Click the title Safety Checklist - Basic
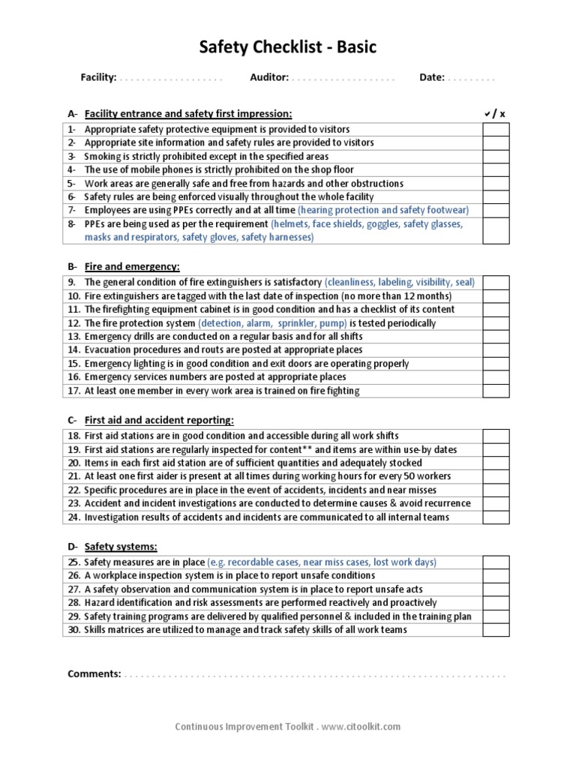coord(287,48)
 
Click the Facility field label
coord(98,77)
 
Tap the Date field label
coord(431,77)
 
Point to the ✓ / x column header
coord(495,114)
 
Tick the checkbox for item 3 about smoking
coord(495,156)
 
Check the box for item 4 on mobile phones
coord(495,169)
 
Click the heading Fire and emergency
coord(132,266)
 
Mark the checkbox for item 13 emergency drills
coord(495,337)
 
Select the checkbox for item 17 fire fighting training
coord(495,391)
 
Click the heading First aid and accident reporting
coord(159,420)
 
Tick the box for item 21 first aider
coord(495,476)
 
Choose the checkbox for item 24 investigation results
coord(495,517)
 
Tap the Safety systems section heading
coord(121,547)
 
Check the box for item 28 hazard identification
coord(495,603)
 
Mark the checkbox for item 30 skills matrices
coord(495,630)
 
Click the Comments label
coord(94,673)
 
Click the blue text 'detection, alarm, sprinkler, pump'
coord(272,323)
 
